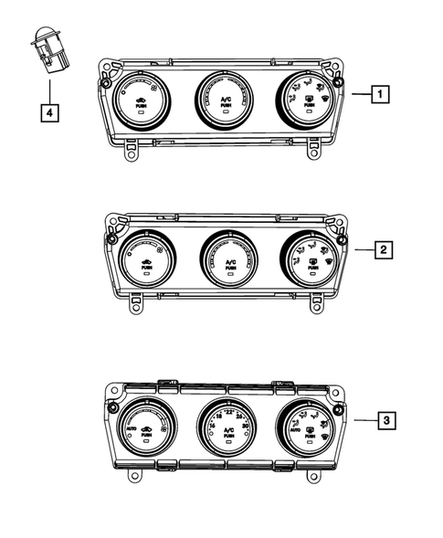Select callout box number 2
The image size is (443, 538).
384,248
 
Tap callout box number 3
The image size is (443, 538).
386,420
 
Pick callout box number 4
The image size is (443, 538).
49,113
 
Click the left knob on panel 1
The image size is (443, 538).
142,102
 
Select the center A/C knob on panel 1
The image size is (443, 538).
224,100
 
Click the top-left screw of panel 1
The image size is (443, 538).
107,84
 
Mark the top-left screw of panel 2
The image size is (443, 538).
111,239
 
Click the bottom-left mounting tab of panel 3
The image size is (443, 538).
134,476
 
